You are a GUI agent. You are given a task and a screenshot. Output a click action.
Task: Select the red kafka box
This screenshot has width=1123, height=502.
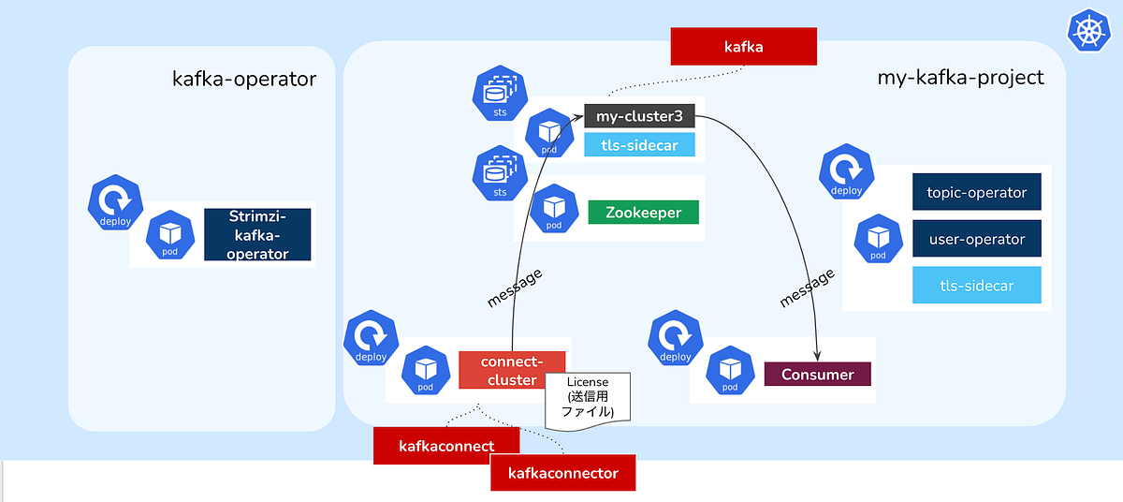(x=744, y=45)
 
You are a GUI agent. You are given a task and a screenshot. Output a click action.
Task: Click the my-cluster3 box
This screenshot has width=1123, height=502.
(x=639, y=117)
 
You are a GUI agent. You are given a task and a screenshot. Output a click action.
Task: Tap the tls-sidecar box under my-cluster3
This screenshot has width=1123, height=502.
(x=639, y=145)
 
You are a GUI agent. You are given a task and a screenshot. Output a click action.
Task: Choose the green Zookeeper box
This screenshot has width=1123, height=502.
(x=643, y=213)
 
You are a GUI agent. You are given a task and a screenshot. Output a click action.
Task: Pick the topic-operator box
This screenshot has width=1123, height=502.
(x=977, y=193)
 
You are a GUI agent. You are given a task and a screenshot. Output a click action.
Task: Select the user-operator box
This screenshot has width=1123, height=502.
(x=977, y=239)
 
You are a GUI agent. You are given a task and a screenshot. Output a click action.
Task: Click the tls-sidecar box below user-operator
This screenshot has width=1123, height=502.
(x=977, y=285)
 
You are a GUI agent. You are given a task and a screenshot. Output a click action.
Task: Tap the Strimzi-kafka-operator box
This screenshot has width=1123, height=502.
(x=257, y=235)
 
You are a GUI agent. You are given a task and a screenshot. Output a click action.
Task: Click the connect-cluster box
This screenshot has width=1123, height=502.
(x=511, y=370)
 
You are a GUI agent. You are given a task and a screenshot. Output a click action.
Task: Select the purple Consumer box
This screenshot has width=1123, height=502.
(x=817, y=375)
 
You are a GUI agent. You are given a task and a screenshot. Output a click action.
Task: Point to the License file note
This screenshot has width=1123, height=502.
(x=588, y=400)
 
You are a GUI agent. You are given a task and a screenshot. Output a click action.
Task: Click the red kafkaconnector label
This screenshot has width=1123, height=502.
(x=562, y=473)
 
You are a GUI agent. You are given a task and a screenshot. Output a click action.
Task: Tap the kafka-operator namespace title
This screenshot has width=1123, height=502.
(x=244, y=79)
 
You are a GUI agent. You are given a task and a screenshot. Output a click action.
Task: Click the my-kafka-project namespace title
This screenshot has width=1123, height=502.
(x=960, y=78)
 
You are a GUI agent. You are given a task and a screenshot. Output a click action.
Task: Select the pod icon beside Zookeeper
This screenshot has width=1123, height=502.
(x=553, y=209)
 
